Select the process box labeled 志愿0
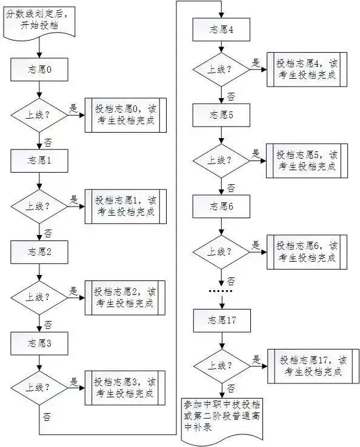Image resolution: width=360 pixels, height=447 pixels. click(x=39, y=70)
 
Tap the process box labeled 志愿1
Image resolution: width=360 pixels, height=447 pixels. click(x=39, y=162)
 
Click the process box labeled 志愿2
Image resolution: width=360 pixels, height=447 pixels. click(x=39, y=251)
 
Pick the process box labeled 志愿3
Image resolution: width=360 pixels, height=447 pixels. click(x=39, y=343)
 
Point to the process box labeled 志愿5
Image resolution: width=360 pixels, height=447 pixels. click(x=221, y=115)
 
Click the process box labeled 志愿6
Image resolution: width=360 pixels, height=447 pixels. click(x=221, y=206)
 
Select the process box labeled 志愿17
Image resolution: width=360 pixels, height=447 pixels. click(x=221, y=320)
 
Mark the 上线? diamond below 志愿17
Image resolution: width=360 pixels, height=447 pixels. click(x=221, y=365)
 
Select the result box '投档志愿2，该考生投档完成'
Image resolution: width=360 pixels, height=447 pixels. click(x=125, y=297)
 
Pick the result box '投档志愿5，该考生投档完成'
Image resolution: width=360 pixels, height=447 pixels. click(x=307, y=161)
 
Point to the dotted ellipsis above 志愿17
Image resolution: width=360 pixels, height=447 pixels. click(x=221, y=292)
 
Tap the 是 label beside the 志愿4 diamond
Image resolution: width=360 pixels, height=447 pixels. click(x=255, y=63)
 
